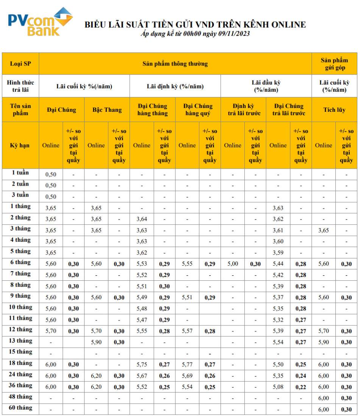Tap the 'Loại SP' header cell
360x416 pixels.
pos(20,64)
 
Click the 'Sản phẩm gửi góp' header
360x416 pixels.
pos(334,64)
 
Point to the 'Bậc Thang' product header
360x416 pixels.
pos(107,110)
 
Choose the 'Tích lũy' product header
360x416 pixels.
pos(334,110)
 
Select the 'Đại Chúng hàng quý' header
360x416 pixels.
pos(198,110)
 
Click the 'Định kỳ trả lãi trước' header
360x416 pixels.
pos(243,110)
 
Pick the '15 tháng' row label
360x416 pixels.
pos(20,352)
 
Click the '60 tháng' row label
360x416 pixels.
pos(20,408)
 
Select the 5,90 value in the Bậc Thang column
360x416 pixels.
pos(96,342)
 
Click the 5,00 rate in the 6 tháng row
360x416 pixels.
pos(233,263)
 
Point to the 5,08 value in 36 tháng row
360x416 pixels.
pos(278,386)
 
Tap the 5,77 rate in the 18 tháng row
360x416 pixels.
pos(187,364)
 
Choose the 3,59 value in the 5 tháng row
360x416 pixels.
pos(278,252)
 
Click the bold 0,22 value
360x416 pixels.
pos(301,387)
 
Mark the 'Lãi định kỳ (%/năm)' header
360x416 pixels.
pos(175,86)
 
